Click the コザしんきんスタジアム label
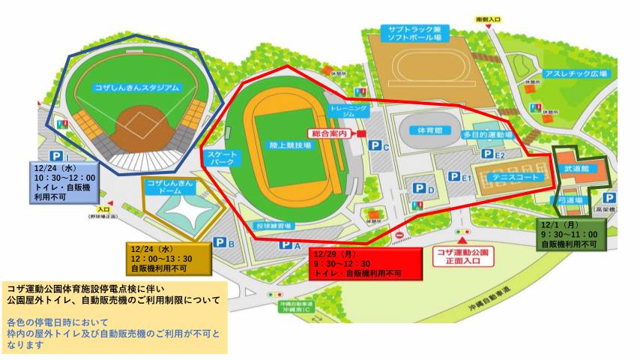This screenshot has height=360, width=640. (x=138, y=88)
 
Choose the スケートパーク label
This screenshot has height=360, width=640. (x=220, y=157)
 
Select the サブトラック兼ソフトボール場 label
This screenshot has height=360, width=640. (x=414, y=33)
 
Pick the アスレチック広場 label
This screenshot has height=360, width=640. (x=581, y=74)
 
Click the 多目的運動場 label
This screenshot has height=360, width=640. (x=487, y=134)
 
